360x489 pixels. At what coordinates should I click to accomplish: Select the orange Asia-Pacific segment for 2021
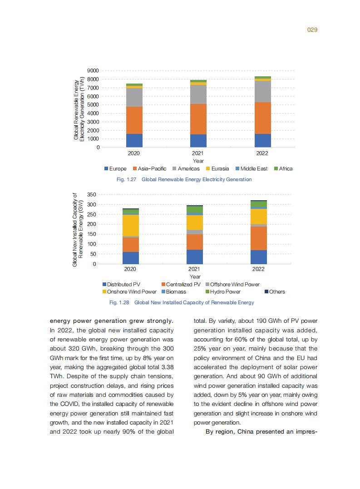click(x=198, y=119)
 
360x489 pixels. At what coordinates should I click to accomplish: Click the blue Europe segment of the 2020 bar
click(x=134, y=140)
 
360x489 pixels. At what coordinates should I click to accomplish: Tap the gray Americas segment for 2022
click(x=262, y=91)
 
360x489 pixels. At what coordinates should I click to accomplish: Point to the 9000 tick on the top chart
click(x=93, y=71)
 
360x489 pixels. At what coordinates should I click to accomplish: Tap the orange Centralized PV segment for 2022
click(x=258, y=238)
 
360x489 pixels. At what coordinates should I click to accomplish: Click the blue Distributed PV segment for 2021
click(x=195, y=257)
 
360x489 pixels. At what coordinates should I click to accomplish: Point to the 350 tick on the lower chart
click(x=91, y=194)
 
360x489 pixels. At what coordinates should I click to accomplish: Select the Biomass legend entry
click(x=173, y=292)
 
